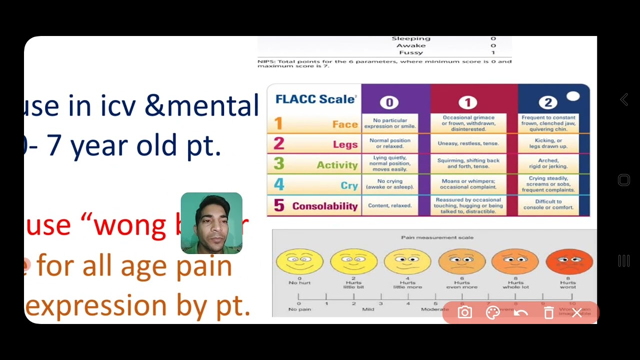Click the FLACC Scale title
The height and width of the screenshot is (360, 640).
tap(315, 99)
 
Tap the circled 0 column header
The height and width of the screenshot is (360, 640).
tap(389, 102)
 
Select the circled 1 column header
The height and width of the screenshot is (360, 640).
tap(467, 102)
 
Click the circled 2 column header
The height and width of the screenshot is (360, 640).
tap(548, 102)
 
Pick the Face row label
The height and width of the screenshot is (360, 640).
tap(345, 124)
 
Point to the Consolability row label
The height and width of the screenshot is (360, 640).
tap(324, 206)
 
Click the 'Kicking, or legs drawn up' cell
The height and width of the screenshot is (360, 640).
tap(548, 143)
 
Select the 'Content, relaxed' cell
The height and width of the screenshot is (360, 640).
tap(389, 205)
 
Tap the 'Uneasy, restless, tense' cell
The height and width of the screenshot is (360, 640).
tap(468, 143)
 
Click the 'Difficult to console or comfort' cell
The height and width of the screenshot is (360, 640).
tap(548, 204)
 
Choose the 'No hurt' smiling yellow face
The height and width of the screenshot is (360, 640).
tap(299, 261)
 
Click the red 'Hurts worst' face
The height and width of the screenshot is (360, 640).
tap(569, 261)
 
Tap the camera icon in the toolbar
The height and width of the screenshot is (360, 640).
tap(464, 313)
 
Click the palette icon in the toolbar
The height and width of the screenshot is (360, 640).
tap(492, 313)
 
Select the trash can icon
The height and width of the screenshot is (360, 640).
tap(548, 313)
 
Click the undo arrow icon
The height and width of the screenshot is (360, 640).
tap(520, 313)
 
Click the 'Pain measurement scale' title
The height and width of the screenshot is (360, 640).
tap(437, 237)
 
